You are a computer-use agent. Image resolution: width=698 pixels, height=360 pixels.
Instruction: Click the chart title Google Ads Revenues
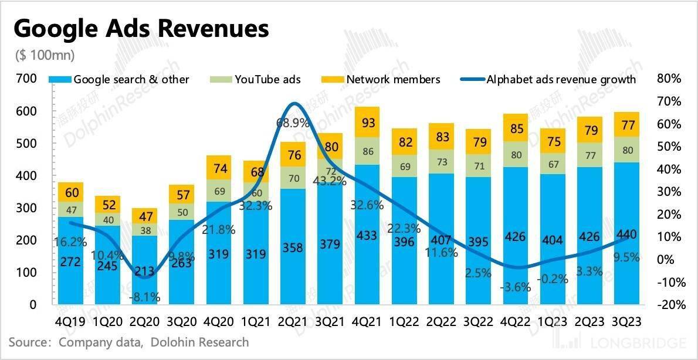[x=141, y=29]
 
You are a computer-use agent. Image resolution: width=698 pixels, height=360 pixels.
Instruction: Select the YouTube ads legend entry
[x=267, y=79]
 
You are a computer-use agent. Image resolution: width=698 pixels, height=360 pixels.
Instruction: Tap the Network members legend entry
[x=392, y=79]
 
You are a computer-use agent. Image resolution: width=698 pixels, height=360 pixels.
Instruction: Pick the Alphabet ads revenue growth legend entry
[x=560, y=79]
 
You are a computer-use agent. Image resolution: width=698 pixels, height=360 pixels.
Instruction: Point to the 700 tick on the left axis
[x=27, y=79]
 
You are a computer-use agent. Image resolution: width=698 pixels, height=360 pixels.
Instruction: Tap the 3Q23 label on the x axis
[x=626, y=322]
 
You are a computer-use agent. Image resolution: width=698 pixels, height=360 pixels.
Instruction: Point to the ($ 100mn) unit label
[x=45, y=56]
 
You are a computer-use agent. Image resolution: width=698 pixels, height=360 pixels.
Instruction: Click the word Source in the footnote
[x=27, y=342]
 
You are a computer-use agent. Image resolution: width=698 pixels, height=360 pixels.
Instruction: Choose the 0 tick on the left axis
[x=33, y=305]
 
